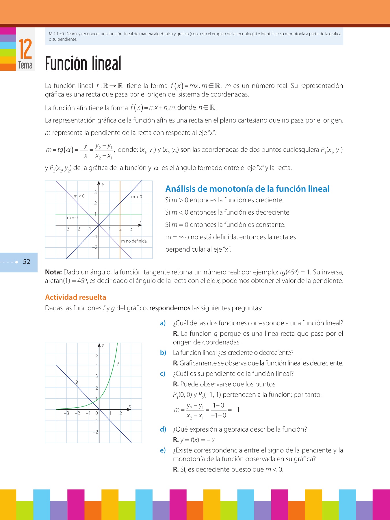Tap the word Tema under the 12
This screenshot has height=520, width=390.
point(25,65)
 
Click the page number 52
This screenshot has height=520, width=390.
point(27,262)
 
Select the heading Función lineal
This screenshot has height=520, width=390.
point(83,64)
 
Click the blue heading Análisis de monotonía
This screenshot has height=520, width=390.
point(247,189)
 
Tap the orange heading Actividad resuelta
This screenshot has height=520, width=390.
point(76,297)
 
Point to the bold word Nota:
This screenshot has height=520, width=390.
point(53,272)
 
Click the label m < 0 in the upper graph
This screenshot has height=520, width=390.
point(79,196)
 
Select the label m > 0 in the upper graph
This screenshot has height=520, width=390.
point(137,197)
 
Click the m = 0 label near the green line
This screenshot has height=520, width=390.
point(72,218)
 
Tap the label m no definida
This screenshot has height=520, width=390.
point(134,241)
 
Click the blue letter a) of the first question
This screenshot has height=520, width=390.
point(163,323)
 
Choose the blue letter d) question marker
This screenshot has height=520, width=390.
point(163,429)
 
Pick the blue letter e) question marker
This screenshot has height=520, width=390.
point(163,450)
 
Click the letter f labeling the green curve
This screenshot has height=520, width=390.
point(118,364)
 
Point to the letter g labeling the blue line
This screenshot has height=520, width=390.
point(77,381)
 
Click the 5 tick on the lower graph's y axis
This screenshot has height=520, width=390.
point(96,354)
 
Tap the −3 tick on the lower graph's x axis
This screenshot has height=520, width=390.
point(66,413)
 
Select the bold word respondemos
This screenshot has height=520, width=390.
point(170,308)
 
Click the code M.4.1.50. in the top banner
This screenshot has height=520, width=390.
point(57,34)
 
